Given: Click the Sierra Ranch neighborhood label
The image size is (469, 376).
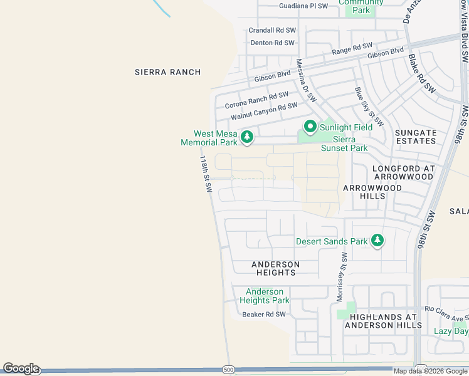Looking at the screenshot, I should (x=167, y=72).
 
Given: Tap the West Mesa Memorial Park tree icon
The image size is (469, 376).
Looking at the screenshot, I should (x=247, y=136).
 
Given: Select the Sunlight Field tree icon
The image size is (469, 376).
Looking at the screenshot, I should (x=310, y=127).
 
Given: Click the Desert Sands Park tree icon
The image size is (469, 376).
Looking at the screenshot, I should (x=377, y=241).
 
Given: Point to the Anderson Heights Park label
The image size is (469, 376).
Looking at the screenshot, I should (x=264, y=296).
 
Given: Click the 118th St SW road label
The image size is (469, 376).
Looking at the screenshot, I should (x=205, y=175).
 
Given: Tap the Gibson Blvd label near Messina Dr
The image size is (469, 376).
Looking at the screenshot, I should (x=273, y=76).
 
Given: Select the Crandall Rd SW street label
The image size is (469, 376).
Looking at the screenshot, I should (x=271, y=30).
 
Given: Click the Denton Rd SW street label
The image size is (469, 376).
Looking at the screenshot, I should (x=272, y=43).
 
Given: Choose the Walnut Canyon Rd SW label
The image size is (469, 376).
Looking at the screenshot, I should (x=263, y=111).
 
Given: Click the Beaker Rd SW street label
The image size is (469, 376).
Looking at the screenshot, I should (x=263, y=314).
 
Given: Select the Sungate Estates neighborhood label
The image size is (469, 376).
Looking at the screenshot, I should (x=416, y=137).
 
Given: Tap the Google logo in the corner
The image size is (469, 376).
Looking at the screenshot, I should (x=21, y=368).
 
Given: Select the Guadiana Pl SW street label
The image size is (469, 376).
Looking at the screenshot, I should (x=303, y=6).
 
